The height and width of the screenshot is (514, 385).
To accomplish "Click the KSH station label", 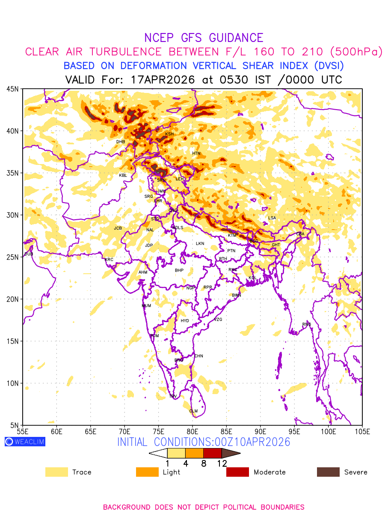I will [x=169, y=134].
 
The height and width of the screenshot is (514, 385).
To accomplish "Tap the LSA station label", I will [x=272, y=218].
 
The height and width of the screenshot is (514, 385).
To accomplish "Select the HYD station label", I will [x=185, y=321].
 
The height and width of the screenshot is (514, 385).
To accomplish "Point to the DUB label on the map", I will [x=29, y=254].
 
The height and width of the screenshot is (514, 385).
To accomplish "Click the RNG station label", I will [x=307, y=324].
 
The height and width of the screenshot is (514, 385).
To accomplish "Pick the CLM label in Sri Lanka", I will [x=193, y=411].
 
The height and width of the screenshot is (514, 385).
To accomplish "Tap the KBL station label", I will [x=123, y=176].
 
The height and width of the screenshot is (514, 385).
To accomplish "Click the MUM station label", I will [x=146, y=306].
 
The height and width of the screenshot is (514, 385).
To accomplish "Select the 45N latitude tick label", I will [x=12, y=89].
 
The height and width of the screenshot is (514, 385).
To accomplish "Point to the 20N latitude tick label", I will [x=12, y=299].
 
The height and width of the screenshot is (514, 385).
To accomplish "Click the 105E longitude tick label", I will [x=362, y=431].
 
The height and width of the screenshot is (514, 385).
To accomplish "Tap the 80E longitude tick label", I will [x=192, y=431].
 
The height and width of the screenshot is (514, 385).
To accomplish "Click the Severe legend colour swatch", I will [x=328, y=472].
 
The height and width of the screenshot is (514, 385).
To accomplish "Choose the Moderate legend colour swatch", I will [x=237, y=472].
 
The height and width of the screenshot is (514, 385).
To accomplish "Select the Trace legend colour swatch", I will [x=56, y=472].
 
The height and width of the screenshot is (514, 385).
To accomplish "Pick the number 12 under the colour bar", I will [x=222, y=463].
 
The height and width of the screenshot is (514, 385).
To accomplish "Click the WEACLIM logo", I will [x=25, y=442].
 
